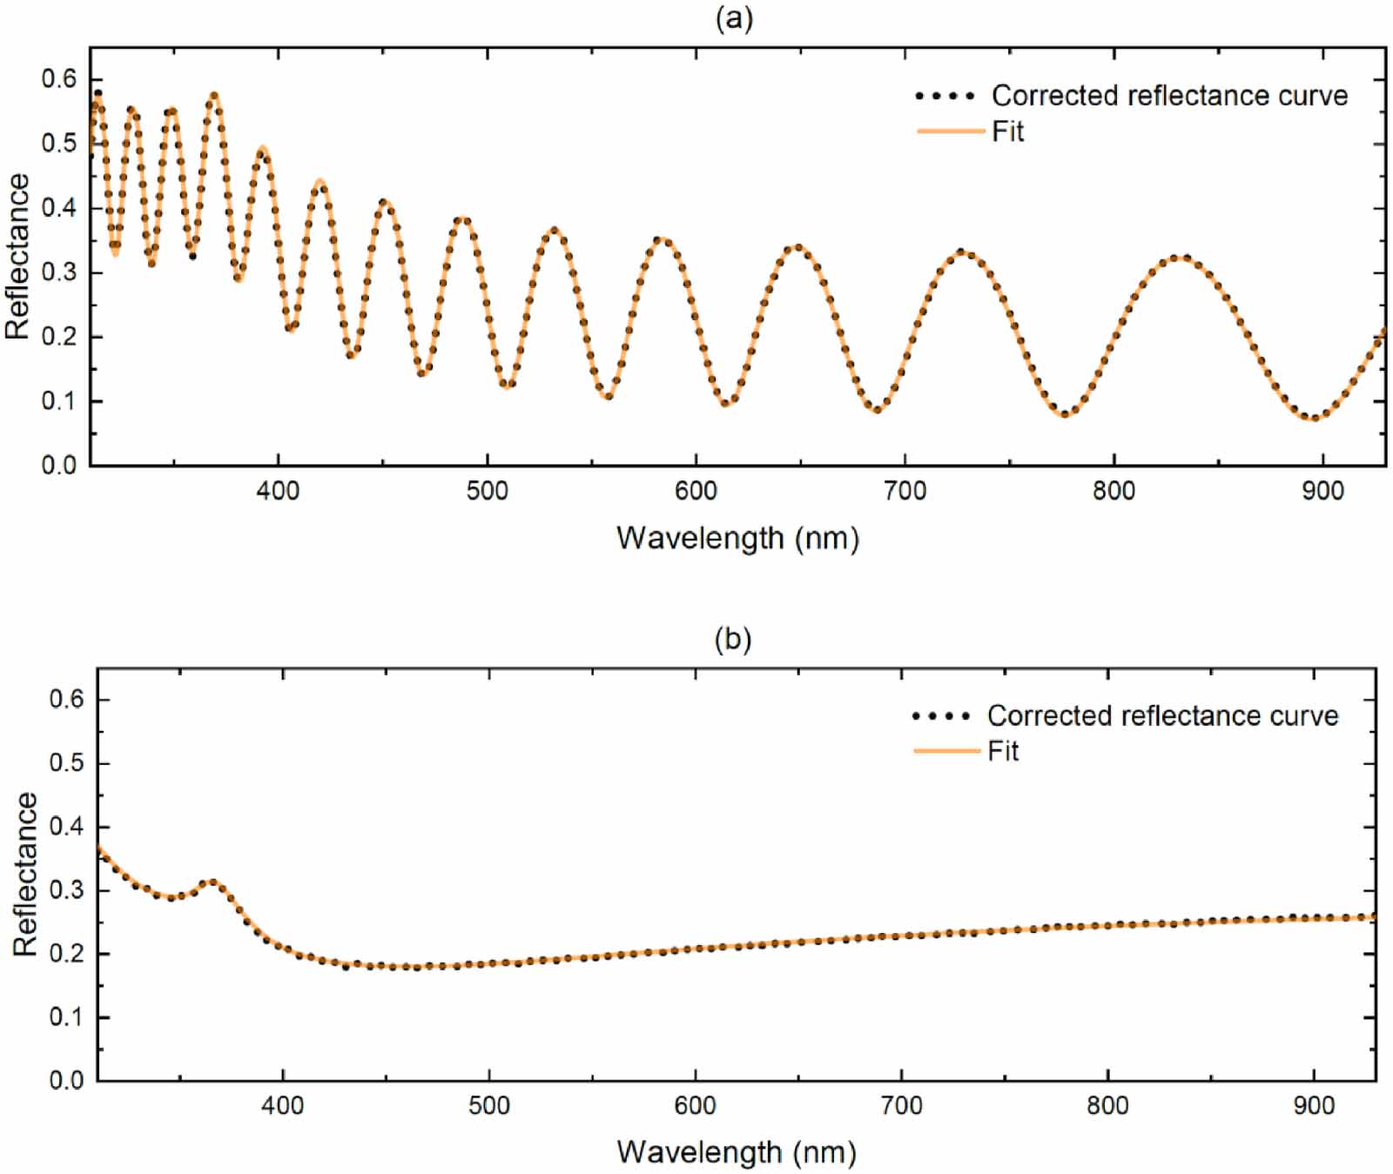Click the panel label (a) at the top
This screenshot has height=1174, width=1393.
(733, 18)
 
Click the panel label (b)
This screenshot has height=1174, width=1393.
(732, 640)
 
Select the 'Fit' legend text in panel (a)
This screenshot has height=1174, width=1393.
(1007, 131)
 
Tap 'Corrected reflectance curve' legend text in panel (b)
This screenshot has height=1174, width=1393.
(1162, 715)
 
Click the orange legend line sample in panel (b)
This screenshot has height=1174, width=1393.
(946, 750)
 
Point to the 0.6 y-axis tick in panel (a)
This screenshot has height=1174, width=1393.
(59, 79)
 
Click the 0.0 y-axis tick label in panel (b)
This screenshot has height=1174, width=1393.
(66, 1080)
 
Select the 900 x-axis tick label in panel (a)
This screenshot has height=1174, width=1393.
(1322, 492)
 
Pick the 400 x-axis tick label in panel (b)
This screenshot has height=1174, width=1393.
(283, 1106)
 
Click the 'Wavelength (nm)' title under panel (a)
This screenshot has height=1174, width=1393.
(737, 538)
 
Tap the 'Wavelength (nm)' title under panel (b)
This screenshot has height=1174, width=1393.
(737, 1151)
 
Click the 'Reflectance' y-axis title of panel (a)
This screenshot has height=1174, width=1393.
(18, 257)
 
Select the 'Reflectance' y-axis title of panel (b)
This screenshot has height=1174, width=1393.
(25, 875)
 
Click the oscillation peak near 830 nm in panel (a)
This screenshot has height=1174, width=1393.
(1179, 258)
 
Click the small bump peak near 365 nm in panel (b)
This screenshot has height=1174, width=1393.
(212, 882)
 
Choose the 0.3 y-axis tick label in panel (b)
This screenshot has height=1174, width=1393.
(66, 890)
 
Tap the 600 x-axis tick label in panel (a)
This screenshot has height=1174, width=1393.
(696, 492)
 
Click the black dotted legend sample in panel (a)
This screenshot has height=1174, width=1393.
(945, 96)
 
